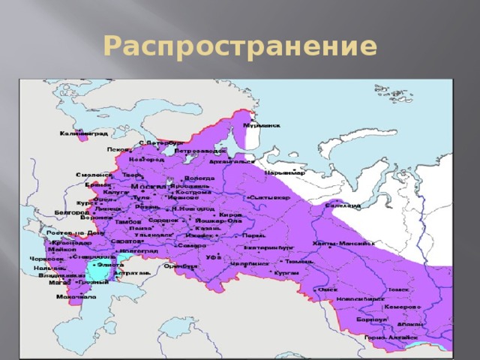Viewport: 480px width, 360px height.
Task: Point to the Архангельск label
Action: coord(232,160)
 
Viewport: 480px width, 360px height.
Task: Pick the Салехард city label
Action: coord(343,205)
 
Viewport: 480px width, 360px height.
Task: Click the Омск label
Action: coord(328,289)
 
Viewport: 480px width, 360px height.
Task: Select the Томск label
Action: coord(398,289)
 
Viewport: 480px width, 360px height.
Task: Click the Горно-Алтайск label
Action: coord(385,337)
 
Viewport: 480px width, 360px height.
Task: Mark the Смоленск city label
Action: coord(94,175)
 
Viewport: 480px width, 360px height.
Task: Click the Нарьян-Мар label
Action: coord(286,172)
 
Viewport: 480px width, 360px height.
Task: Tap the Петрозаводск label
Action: coord(195,150)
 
